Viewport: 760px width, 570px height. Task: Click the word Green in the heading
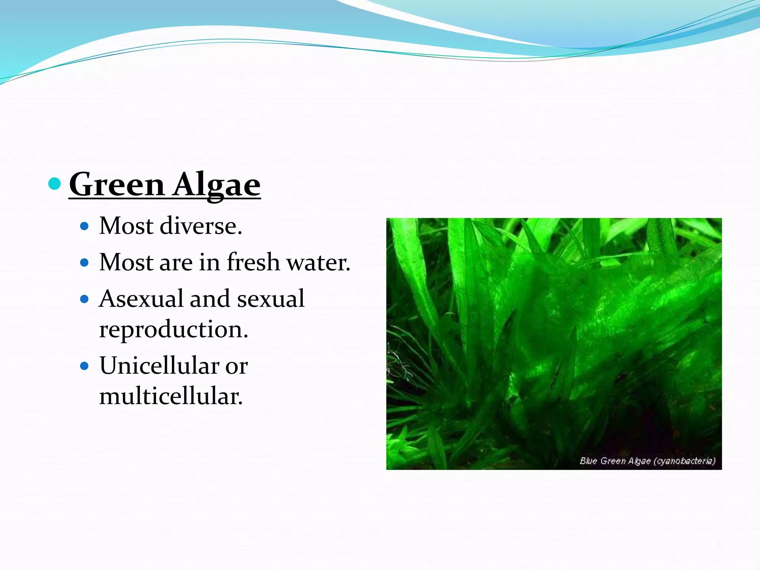click(x=117, y=184)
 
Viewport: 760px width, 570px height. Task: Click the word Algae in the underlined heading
click(x=217, y=184)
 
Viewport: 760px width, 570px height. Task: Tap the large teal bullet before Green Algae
click(x=55, y=183)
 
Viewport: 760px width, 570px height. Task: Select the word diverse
click(x=200, y=226)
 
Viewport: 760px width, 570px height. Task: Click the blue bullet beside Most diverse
click(x=85, y=226)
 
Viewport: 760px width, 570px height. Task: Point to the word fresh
click(x=253, y=262)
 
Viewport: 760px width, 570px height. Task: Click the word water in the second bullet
click(x=318, y=262)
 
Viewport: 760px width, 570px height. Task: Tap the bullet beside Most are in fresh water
click(x=85, y=263)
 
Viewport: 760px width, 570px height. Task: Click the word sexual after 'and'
click(x=271, y=299)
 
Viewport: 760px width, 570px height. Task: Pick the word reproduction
click(x=173, y=329)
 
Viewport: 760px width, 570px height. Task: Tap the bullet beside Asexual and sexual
click(x=85, y=299)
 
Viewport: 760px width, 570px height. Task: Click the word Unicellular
click(x=160, y=366)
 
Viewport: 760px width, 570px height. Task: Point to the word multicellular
click(x=171, y=396)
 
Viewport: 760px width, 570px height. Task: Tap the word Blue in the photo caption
click(x=588, y=461)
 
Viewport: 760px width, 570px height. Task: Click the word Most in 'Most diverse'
click(x=126, y=226)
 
